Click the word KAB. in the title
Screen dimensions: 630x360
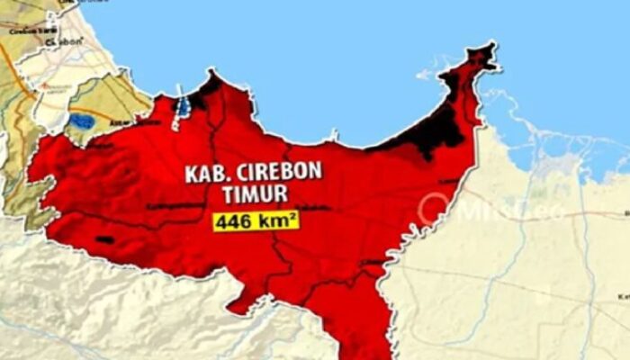click(x=204, y=173)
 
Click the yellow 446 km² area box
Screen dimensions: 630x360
click(x=256, y=220)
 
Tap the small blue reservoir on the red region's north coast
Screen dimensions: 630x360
click(x=184, y=106)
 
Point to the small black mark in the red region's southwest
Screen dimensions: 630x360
click(x=104, y=239)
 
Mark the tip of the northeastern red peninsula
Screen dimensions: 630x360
click(x=490, y=49)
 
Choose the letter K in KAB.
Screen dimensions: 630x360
click(x=191, y=173)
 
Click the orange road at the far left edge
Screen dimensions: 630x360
click(x=7, y=67)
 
